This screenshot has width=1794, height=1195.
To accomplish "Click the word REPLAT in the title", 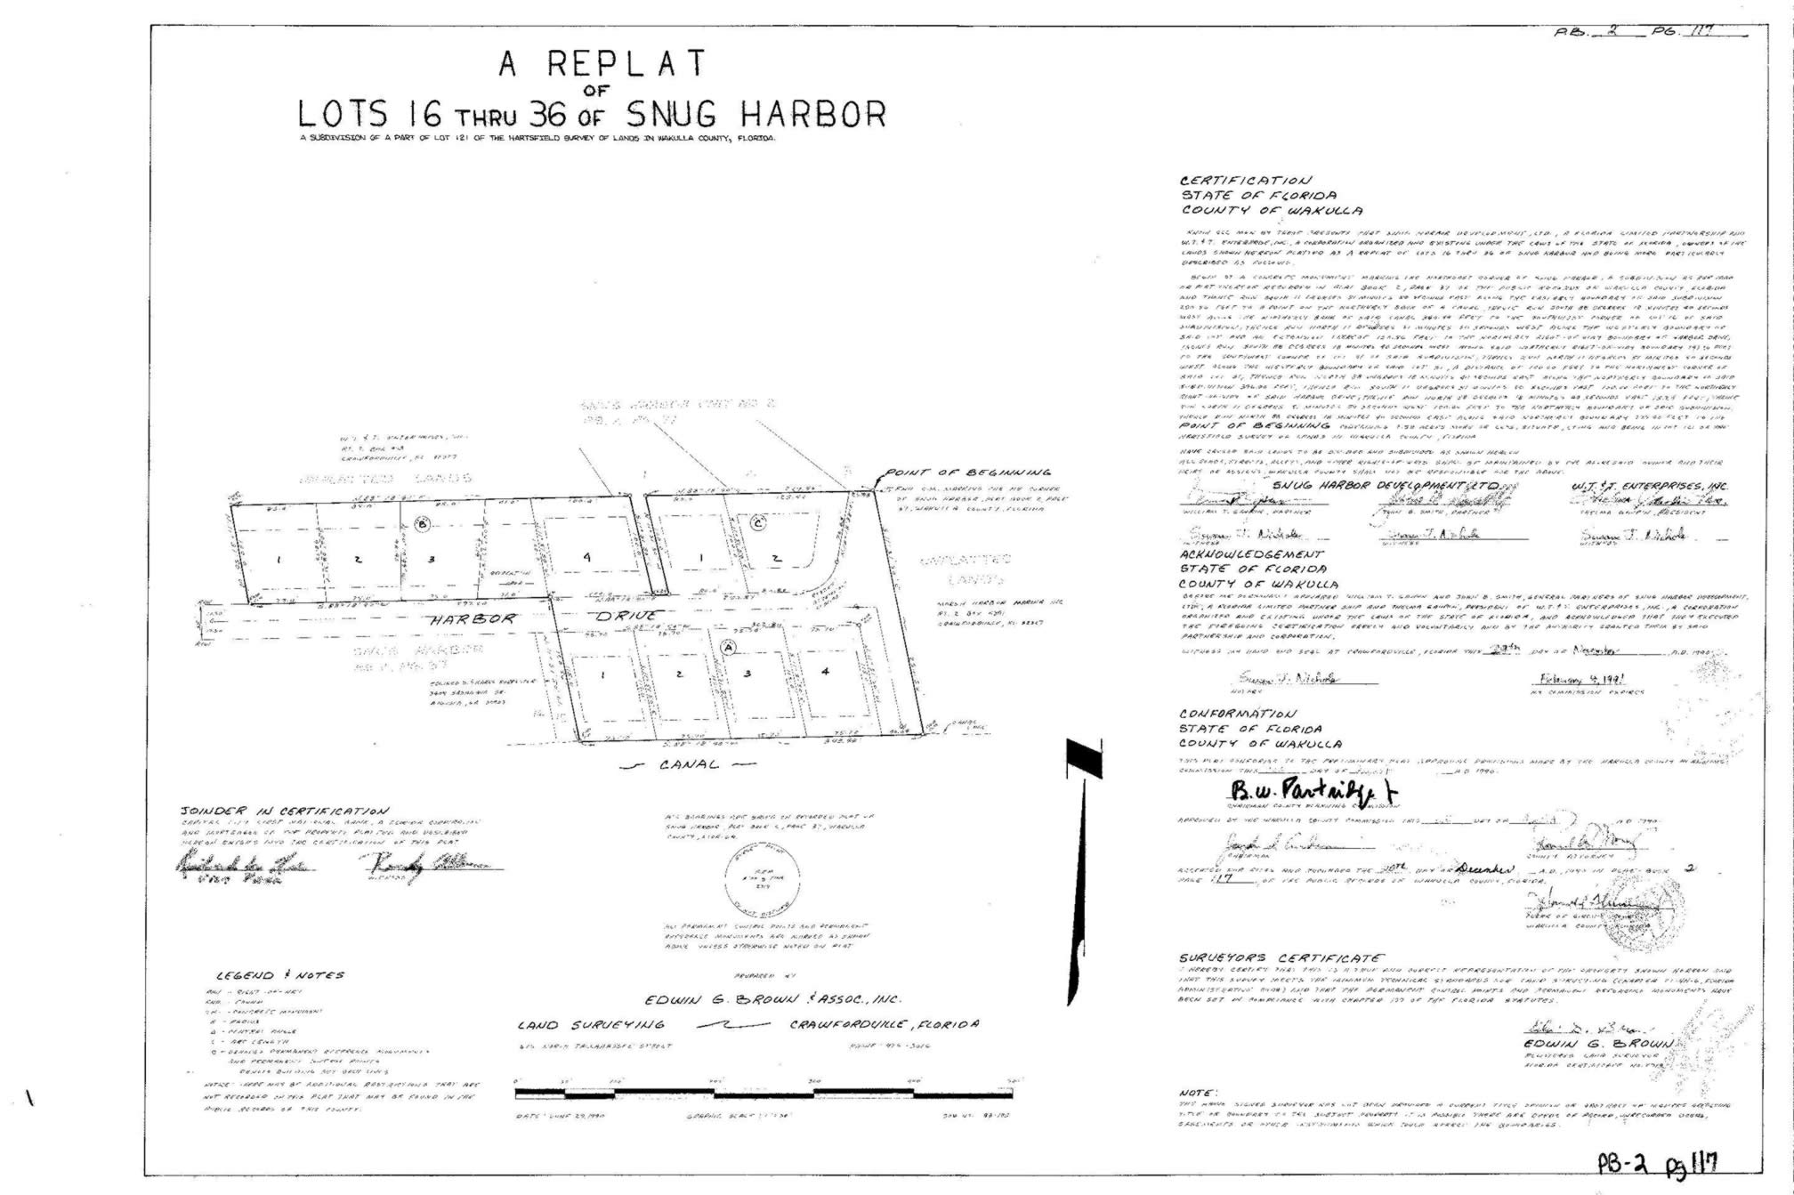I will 626,63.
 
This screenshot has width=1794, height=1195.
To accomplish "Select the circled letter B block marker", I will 424,526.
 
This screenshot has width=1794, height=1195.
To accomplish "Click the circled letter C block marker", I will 757,522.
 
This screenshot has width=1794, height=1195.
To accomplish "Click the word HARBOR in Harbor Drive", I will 473,618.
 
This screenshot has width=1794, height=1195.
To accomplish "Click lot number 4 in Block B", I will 586,557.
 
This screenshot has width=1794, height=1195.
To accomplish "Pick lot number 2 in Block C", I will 776,559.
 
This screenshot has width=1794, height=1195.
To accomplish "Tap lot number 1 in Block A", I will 602,674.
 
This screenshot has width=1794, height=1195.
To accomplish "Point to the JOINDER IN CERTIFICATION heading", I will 284,811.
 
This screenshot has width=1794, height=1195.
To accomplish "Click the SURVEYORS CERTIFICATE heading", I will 1281,957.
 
